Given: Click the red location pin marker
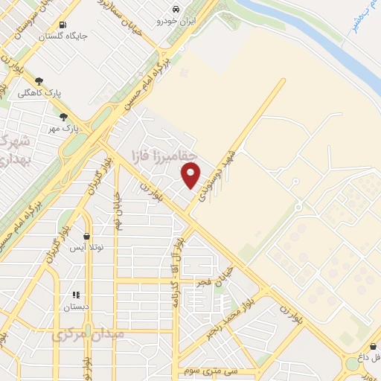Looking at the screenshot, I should (191, 176).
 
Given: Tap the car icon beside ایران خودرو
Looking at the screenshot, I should (174, 9).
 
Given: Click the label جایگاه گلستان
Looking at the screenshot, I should (63, 35).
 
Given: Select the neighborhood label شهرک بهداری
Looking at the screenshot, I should (15, 150).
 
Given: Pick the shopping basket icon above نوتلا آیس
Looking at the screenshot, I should (87, 236).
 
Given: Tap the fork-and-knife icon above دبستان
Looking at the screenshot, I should (75, 295).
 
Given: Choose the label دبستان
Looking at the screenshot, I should (76, 306).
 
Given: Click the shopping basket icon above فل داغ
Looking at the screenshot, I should (372, 346).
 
